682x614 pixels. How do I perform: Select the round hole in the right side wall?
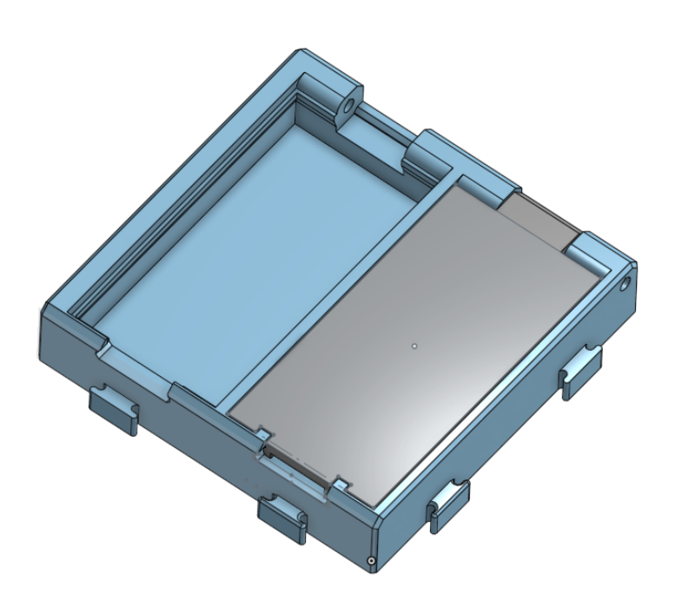(624, 285)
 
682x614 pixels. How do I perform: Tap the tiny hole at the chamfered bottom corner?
(372, 562)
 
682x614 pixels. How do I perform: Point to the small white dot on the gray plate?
(415, 345)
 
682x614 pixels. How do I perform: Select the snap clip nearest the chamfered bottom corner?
(449, 504)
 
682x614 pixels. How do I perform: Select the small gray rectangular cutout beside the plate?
(539, 218)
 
